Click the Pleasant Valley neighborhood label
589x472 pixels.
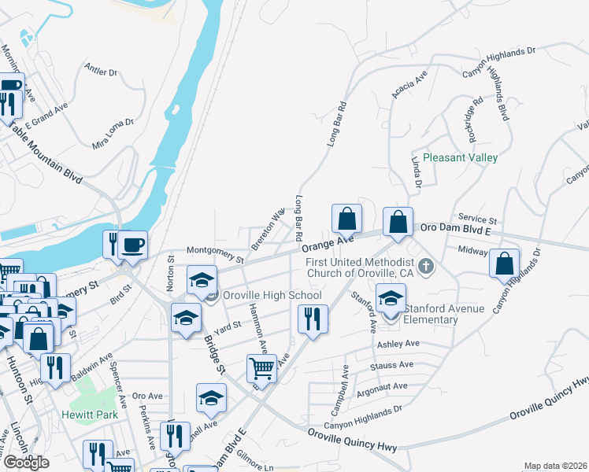460,157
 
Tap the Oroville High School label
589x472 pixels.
272,296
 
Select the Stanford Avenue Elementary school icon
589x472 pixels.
390,299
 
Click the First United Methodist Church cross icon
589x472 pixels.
426,266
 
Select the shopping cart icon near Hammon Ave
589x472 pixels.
261,366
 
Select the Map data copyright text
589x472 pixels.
554,466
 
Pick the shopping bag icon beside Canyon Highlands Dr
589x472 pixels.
503,264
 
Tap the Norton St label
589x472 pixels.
170,271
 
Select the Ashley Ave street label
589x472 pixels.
398,344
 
